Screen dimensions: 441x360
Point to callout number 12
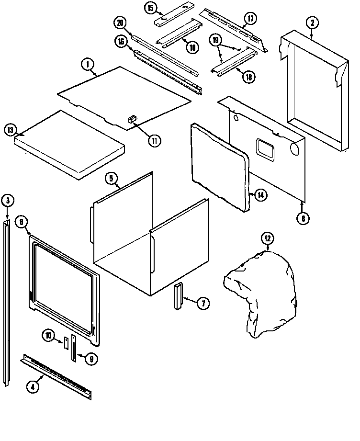[x=267, y=238]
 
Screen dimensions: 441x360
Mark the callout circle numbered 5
[x=111, y=179]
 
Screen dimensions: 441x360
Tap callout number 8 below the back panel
[x=303, y=219]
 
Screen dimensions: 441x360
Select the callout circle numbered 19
[x=216, y=41]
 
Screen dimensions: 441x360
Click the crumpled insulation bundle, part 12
[x=261, y=292]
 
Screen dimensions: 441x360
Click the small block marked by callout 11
[x=132, y=120]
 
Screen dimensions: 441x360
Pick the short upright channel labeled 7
[x=179, y=296]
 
